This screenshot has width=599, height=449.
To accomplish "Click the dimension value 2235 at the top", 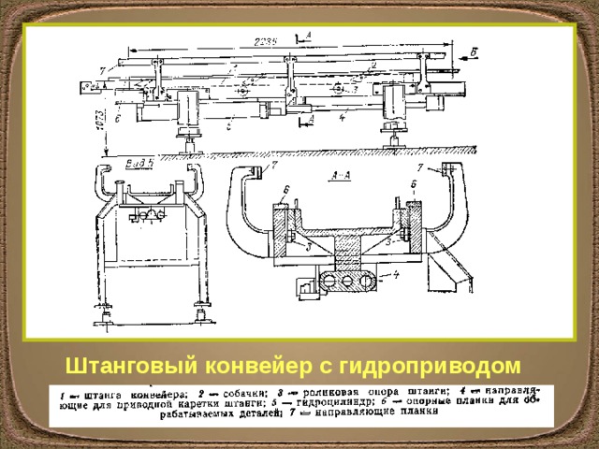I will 270,42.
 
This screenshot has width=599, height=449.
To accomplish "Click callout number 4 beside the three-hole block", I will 395,274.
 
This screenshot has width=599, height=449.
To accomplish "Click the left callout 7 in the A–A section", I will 273,167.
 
